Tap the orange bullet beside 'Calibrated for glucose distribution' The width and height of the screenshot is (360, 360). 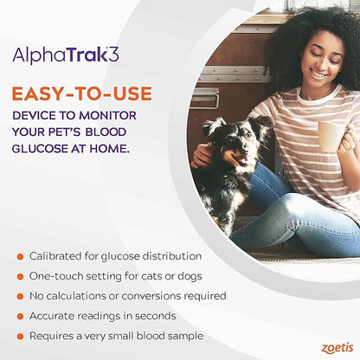(19, 256)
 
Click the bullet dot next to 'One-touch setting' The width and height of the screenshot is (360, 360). (19, 276)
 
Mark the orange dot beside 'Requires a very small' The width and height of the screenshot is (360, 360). (19, 336)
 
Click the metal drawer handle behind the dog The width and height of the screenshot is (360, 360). (204, 97)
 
